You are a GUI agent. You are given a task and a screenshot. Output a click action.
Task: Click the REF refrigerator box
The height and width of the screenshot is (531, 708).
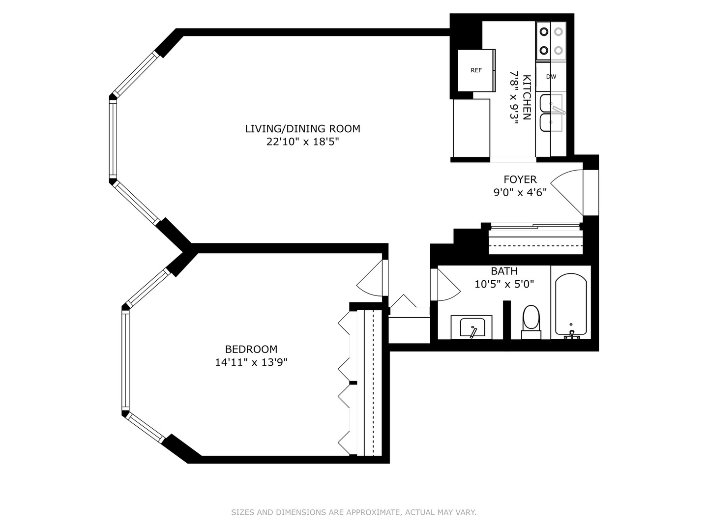[476, 70]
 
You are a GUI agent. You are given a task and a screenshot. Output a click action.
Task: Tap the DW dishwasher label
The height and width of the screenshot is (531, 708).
[551, 77]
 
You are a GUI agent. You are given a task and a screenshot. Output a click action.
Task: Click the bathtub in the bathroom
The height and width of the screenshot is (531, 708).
[570, 305]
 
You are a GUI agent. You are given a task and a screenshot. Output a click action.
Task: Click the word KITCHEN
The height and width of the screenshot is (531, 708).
[527, 97]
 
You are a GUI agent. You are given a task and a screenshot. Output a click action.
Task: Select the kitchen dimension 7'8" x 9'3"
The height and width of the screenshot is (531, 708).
[514, 97]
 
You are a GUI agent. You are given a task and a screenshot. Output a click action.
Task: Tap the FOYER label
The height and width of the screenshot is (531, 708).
[520, 179]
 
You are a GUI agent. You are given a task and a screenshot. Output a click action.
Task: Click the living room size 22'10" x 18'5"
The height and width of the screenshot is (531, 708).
[303, 142]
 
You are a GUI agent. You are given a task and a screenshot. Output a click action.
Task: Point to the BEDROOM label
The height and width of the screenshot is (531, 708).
[251, 349]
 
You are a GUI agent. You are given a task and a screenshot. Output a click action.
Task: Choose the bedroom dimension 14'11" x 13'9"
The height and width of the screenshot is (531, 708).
[251, 363]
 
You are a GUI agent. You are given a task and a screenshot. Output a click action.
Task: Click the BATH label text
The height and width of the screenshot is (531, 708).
[504, 271]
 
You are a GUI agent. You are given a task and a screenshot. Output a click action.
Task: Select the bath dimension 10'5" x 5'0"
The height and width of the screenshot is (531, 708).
[504, 284]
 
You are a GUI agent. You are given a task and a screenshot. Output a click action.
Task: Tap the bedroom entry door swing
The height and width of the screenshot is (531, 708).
[370, 280]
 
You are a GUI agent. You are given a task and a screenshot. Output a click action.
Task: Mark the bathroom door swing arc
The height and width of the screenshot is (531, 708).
[447, 285]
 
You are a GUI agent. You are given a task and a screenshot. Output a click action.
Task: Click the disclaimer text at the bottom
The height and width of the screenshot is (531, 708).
[354, 512]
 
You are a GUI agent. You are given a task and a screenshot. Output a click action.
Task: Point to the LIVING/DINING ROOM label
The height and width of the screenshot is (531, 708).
[303, 129]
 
